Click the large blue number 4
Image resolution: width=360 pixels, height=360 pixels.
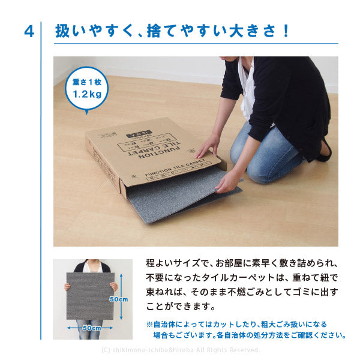(x=28, y=31)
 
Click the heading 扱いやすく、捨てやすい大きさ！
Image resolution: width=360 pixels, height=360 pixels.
(x=172, y=31)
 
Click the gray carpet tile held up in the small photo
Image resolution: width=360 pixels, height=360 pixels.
(x=91, y=297)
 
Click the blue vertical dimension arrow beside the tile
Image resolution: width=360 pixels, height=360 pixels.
(x=122, y=282)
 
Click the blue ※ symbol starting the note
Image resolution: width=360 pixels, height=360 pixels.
(x=149, y=323)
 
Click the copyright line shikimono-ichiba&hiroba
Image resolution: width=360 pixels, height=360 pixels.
(x=180, y=350)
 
